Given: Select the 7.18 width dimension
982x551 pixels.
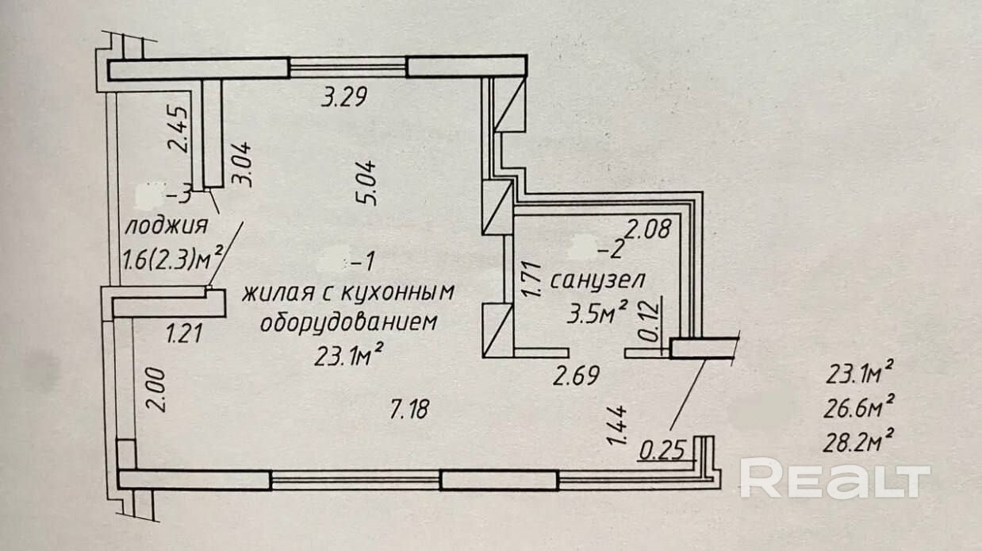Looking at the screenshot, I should [411, 410].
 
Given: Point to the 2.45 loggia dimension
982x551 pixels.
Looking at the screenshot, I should [180, 129].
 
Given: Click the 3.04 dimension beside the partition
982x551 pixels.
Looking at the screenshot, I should [241, 164].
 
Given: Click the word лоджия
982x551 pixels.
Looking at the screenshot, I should [167, 225].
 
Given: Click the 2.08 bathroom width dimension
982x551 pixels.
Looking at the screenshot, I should [649, 230].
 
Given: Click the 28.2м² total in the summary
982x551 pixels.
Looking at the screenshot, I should [861, 438].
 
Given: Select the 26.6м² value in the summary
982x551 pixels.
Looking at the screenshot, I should [861, 407].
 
